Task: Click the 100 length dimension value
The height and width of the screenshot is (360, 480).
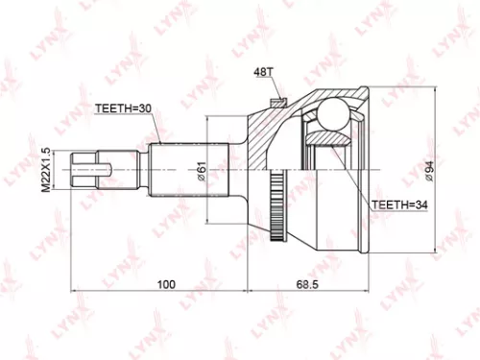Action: point(166,285)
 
